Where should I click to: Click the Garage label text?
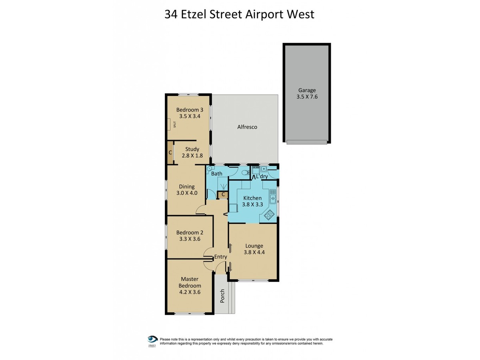point(306,90)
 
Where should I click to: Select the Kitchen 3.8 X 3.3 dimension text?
point(252,204)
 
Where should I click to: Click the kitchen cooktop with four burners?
point(269,215)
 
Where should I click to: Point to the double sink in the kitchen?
point(272,199)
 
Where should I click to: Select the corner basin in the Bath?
point(210,170)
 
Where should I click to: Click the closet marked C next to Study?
point(170,152)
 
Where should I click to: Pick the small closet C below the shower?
point(223,194)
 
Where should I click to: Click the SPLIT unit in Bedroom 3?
point(171,124)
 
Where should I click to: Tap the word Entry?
point(220,257)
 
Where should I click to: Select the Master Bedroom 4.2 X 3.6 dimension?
point(190,292)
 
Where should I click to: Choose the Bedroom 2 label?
point(190,232)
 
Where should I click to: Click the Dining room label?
point(187,186)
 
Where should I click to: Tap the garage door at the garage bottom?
point(307,142)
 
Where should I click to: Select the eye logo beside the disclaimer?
point(152,339)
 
